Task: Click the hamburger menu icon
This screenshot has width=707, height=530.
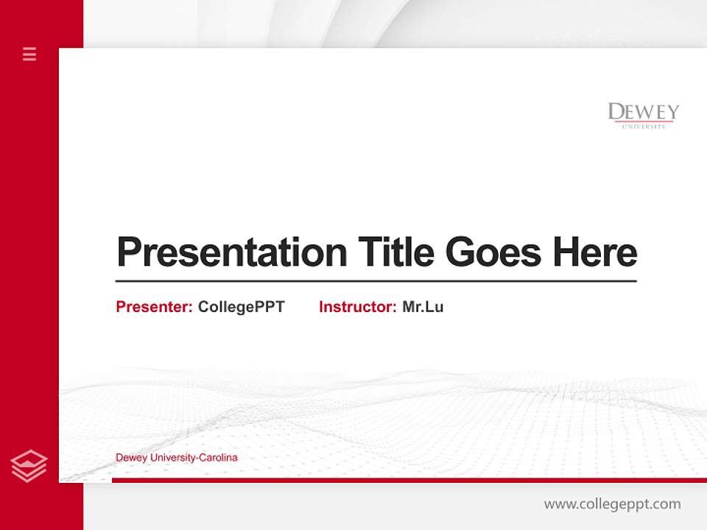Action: (x=29, y=54)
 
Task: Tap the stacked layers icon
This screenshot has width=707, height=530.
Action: (x=29, y=466)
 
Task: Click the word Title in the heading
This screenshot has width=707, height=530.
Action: (x=396, y=252)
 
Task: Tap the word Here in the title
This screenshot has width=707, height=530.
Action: (x=595, y=252)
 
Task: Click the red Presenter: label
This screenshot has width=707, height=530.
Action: (x=154, y=307)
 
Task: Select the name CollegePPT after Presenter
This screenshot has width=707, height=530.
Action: (x=241, y=307)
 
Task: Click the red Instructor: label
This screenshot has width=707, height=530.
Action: (x=357, y=307)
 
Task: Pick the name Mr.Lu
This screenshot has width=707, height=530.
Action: (x=423, y=307)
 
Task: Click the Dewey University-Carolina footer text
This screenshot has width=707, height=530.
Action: (x=177, y=458)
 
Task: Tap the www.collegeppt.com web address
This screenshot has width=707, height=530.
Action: (x=612, y=504)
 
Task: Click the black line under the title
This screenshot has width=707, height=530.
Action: (x=376, y=280)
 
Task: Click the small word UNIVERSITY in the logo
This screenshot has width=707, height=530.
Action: (x=644, y=127)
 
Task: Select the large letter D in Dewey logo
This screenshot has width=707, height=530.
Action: (x=616, y=113)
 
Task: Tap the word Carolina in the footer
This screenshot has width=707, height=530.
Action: (x=219, y=458)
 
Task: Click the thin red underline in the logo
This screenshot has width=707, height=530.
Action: (x=644, y=121)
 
